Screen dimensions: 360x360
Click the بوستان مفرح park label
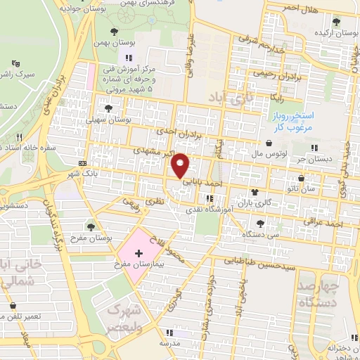pos(92,238)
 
